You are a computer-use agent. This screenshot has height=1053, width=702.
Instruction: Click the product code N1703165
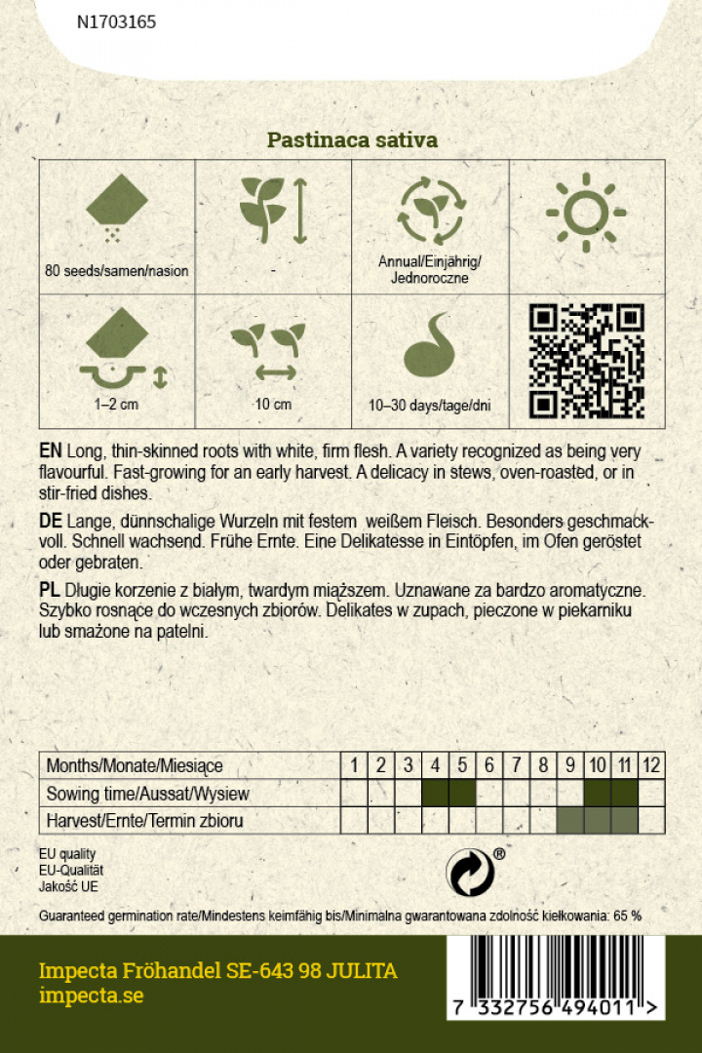[116, 21]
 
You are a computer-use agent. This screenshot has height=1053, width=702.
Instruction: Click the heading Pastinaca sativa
[352, 140]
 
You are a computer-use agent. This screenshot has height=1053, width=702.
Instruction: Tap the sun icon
[586, 212]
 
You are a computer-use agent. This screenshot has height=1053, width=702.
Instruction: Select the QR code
[587, 361]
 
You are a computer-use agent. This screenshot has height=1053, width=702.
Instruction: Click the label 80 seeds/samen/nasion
[117, 270]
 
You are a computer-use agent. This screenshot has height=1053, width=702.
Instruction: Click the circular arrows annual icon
[429, 212]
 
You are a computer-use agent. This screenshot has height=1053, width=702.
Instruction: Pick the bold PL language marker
[50, 591]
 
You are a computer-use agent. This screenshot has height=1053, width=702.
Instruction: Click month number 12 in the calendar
[651, 765]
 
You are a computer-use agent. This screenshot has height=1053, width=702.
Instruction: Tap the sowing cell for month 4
[435, 793]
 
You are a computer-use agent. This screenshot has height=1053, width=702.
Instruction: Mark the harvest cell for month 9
[569, 820]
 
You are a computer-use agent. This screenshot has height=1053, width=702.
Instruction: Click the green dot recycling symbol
[469, 871]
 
